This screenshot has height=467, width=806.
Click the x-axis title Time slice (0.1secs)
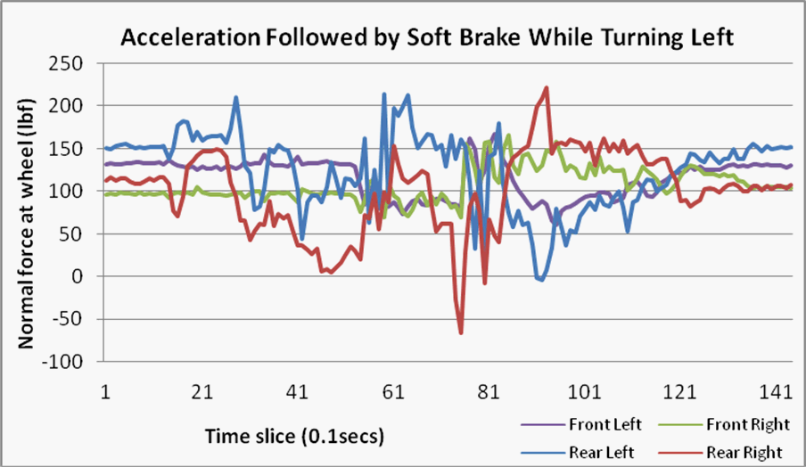click(x=295, y=436)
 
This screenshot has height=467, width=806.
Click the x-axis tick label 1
click(x=106, y=392)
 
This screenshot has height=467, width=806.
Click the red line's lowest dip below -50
click(x=461, y=332)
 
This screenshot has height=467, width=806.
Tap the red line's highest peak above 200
click(x=547, y=87)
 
